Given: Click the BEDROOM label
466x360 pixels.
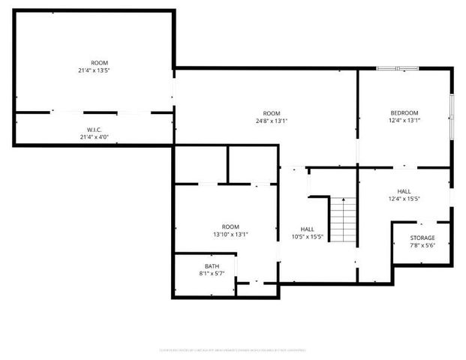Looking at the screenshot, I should point(404,112).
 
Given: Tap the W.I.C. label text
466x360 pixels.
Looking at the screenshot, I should point(94,130).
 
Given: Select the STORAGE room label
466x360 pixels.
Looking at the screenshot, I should point(422,238).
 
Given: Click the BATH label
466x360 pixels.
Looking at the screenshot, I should point(212,266).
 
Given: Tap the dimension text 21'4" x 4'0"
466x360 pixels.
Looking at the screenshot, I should point(94,137).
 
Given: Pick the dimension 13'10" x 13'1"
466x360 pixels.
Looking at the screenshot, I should point(230,234).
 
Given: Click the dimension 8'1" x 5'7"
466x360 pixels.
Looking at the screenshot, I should point(212,274).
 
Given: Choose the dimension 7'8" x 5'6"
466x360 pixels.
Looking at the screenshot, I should point(422,245).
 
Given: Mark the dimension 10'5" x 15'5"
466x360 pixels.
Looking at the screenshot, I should point(307,237).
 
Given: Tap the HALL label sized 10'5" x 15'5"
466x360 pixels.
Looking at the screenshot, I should point(307,229).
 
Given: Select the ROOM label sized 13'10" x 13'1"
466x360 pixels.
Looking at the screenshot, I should point(230,226).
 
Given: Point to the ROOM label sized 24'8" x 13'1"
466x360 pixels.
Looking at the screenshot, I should point(266,112).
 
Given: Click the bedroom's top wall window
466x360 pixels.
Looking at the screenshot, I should point(397,69).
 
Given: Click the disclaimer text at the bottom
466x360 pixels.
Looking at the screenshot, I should point(233,349).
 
